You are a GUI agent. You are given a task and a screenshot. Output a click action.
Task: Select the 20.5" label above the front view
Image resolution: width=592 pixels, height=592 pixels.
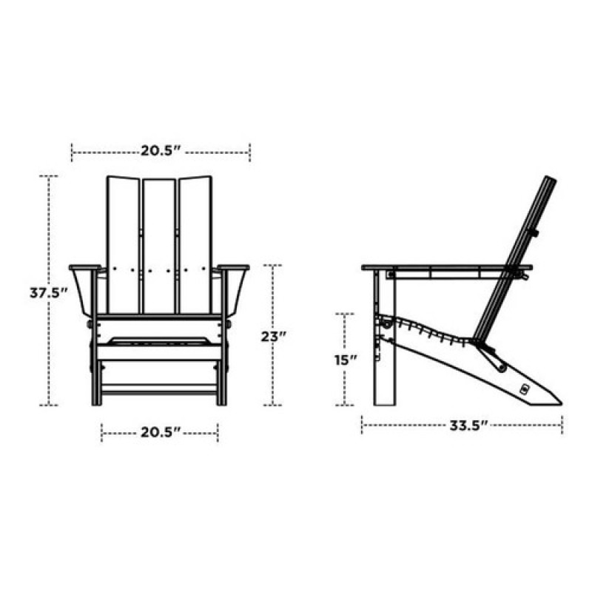click(x=161, y=152)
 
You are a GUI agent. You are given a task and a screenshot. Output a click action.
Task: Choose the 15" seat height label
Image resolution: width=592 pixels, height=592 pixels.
click(x=346, y=360)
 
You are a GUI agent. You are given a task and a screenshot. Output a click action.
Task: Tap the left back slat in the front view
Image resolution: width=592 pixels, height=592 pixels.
click(x=124, y=244)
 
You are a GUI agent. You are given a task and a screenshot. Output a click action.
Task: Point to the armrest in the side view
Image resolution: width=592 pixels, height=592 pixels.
click(x=444, y=268)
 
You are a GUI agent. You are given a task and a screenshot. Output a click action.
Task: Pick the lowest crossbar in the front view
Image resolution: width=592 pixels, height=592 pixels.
click(x=160, y=388)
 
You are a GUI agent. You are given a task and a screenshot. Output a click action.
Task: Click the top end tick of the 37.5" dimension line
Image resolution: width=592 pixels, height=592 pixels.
click(x=49, y=176)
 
